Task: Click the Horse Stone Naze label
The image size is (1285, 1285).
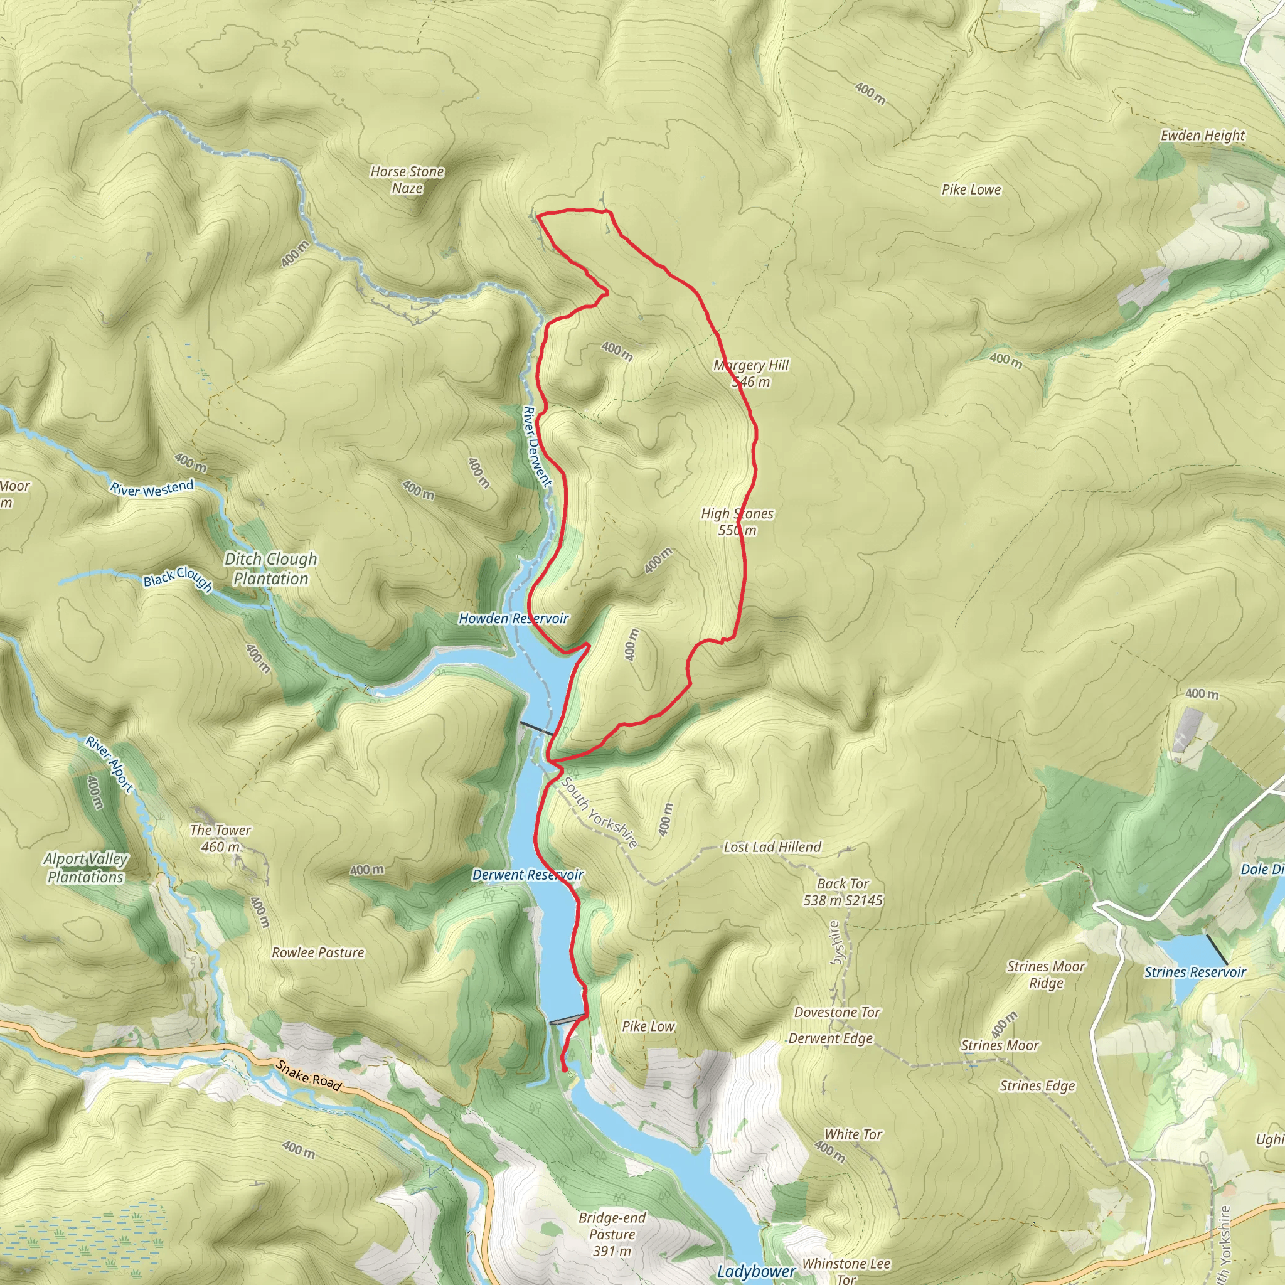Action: pyautogui.click(x=407, y=179)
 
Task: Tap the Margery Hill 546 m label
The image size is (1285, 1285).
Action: pyautogui.click(x=750, y=373)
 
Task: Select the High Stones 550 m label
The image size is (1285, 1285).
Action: pyautogui.click(x=737, y=521)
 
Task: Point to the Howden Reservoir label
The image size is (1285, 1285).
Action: pyautogui.click(x=513, y=619)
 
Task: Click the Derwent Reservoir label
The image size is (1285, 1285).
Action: pyautogui.click(x=528, y=875)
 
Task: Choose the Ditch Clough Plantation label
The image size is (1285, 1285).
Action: pyautogui.click(x=270, y=568)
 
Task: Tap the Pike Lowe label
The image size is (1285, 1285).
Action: pyautogui.click(x=971, y=189)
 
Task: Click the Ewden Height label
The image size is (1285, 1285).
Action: pyautogui.click(x=1203, y=136)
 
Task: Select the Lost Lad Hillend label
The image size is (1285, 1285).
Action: pyautogui.click(x=772, y=846)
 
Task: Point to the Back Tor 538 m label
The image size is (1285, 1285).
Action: pyautogui.click(x=843, y=892)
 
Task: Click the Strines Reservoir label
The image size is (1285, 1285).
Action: pyautogui.click(x=1195, y=972)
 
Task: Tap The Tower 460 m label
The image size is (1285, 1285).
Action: pyautogui.click(x=220, y=838)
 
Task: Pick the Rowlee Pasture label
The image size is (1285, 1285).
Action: pyautogui.click(x=318, y=952)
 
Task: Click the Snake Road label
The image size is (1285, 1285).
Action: pyautogui.click(x=309, y=1075)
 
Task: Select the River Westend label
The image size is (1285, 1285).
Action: pyautogui.click(x=152, y=488)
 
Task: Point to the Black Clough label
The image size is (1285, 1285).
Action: pyautogui.click(x=178, y=579)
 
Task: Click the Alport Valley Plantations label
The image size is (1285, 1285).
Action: pyautogui.click(x=86, y=868)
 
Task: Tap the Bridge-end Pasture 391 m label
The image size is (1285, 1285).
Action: pyautogui.click(x=612, y=1234)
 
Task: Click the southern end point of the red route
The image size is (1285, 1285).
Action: pyautogui.click(x=565, y=1070)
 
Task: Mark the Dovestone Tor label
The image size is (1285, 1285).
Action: pyautogui.click(x=837, y=1012)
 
